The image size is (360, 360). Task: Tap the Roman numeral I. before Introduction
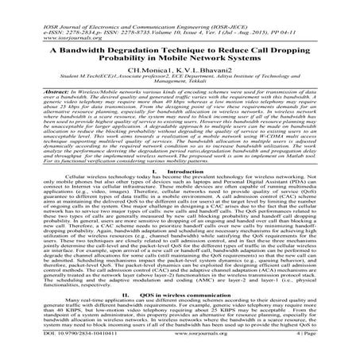[x=157, y=195]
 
